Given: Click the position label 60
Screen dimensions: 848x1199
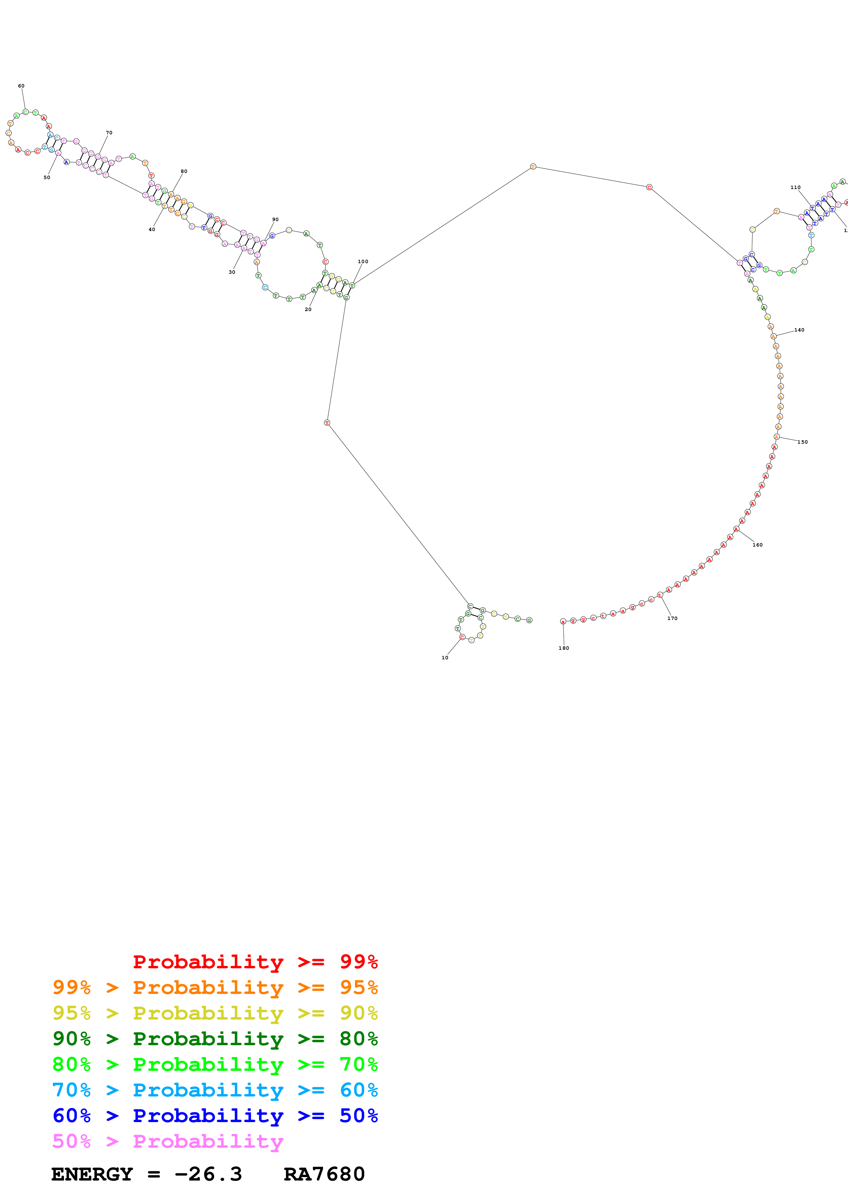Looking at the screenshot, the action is [x=21, y=86].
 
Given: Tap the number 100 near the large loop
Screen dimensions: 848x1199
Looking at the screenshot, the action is [x=363, y=261].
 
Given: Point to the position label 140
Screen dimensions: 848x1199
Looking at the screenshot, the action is [x=799, y=330].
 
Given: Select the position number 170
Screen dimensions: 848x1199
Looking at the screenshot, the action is [x=672, y=618].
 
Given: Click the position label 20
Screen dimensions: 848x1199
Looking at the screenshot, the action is [x=308, y=310].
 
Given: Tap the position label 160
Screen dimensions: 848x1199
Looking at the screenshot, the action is [x=757, y=545].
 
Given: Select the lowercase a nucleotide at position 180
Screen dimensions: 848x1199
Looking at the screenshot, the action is [x=563, y=621].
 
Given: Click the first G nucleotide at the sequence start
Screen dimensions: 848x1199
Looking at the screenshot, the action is [x=529, y=620].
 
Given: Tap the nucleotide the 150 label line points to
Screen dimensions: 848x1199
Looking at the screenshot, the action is [x=777, y=436].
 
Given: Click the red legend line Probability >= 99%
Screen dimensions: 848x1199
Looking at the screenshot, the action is [x=255, y=962].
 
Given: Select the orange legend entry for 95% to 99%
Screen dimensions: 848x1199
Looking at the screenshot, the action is [x=215, y=987].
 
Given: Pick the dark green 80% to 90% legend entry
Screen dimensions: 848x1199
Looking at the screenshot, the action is [x=215, y=1039].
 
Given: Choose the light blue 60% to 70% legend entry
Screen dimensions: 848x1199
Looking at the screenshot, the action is [x=215, y=1090].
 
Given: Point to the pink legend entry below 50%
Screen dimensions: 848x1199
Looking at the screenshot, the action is [x=167, y=1141].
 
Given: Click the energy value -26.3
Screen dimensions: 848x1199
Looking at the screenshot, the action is [x=208, y=1174].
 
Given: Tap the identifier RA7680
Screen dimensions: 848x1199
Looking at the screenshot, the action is [x=324, y=1174].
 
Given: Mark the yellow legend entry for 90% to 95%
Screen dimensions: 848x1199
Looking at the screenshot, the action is [x=215, y=1013].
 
